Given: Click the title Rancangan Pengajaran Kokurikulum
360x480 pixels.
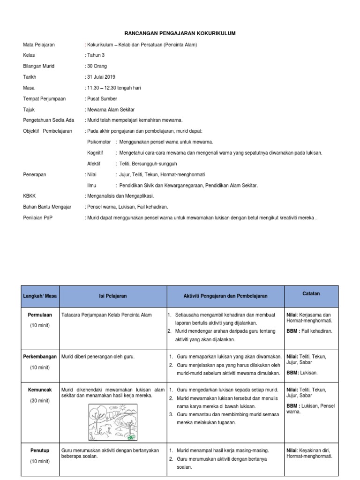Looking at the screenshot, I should pyautogui.click(x=180, y=34).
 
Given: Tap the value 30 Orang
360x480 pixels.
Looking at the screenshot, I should pyautogui.click(x=97, y=66).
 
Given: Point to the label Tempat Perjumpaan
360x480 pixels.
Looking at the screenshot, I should pyautogui.click(x=44, y=98).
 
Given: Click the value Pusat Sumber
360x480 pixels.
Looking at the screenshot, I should pyautogui.click(x=102, y=98).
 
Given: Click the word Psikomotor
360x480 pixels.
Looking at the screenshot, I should pyautogui.click(x=99, y=142).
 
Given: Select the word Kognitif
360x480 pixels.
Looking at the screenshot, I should pyautogui.click(x=95, y=153).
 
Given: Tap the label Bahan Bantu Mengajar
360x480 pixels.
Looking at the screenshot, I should pyautogui.click(x=47, y=207).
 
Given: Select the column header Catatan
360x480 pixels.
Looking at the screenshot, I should pyautogui.click(x=311, y=294).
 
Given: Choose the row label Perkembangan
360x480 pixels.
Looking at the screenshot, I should pyautogui.click(x=40, y=357).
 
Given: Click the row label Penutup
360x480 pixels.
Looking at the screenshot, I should pyautogui.click(x=40, y=450).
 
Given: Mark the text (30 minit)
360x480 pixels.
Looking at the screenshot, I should pyautogui.click(x=40, y=401).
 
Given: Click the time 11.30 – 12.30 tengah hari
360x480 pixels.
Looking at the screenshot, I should pyautogui.click(x=114, y=88).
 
